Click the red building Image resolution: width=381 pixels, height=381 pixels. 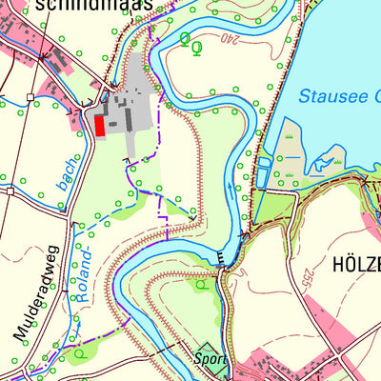[x=99, y=126]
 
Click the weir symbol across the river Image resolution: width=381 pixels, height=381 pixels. [x=223, y=258]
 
